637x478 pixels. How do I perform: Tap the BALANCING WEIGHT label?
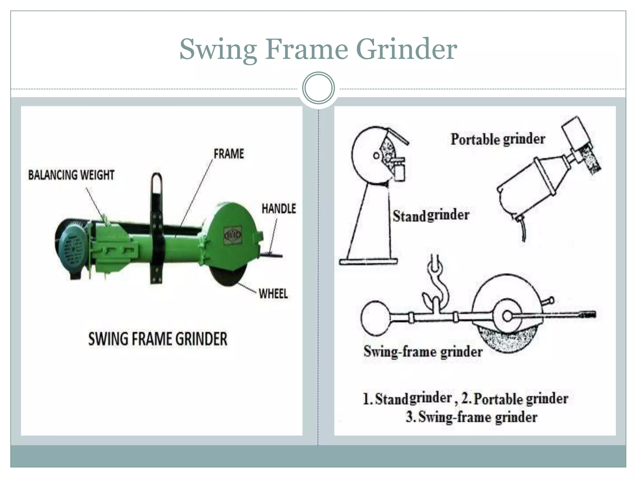click(x=71, y=175)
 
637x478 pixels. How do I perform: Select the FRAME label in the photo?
click(x=229, y=154)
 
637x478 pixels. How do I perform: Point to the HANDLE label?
click(x=279, y=209)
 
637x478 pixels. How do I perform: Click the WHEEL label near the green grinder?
click(x=273, y=294)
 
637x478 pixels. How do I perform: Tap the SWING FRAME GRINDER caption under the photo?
click(x=158, y=339)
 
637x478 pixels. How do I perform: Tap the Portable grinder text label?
click(x=498, y=139)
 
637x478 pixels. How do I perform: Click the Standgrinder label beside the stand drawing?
click(x=431, y=215)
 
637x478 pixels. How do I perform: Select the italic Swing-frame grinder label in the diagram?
click(x=423, y=352)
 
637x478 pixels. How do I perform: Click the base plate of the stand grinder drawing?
click(x=368, y=262)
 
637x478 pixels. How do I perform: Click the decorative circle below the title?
click(x=318, y=88)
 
